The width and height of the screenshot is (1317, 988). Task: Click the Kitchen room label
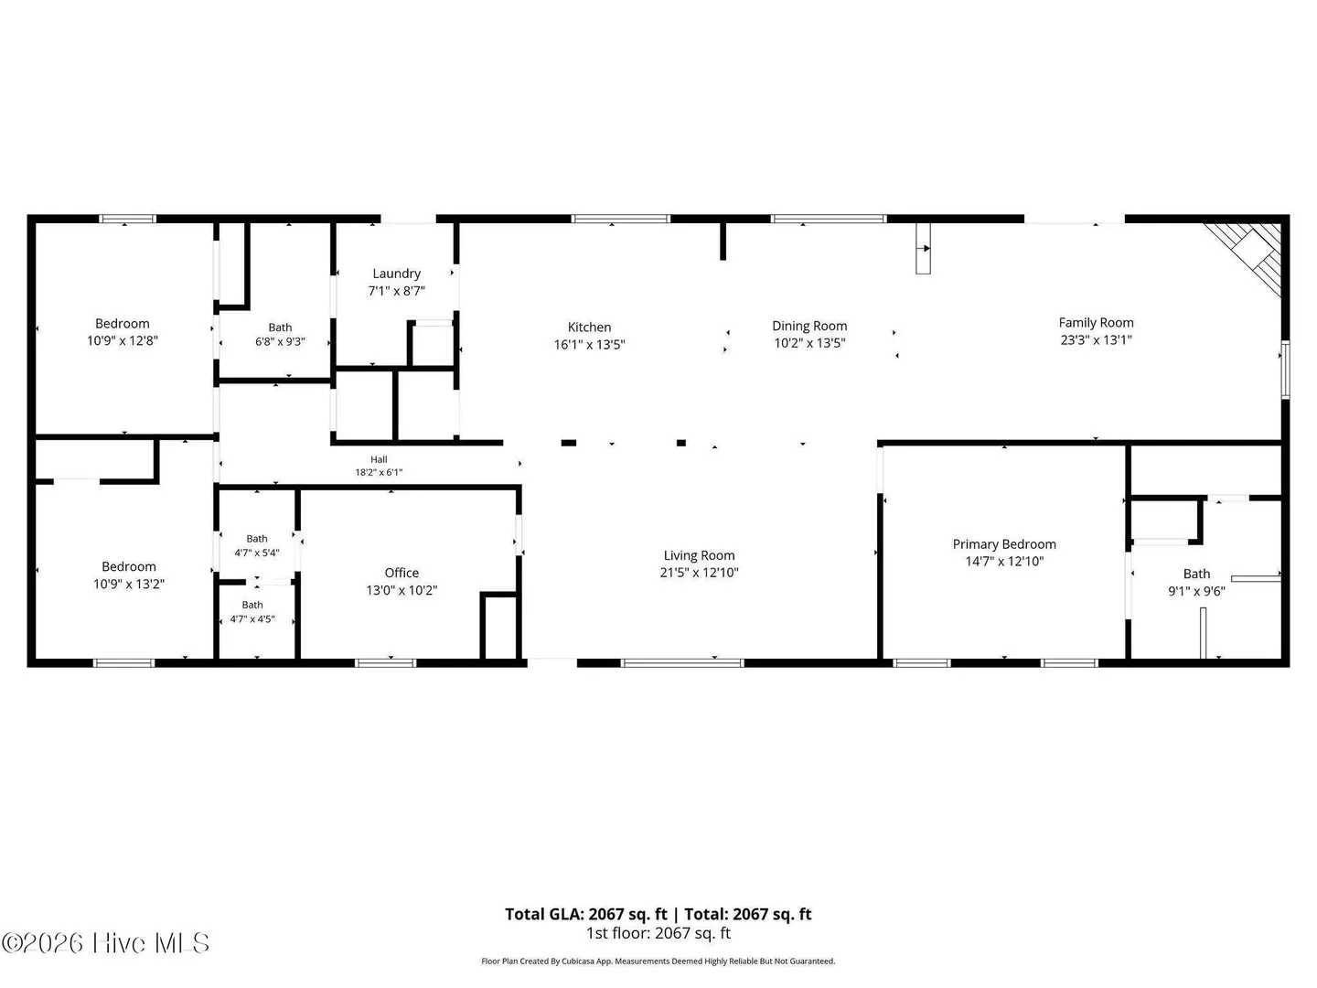(x=589, y=327)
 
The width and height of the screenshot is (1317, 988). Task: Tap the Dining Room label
(x=808, y=326)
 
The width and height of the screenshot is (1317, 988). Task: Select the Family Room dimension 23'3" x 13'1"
(x=1096, y=339)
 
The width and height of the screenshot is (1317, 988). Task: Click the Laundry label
(x=396, y=274)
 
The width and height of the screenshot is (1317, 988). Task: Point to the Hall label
(x=379, y=459)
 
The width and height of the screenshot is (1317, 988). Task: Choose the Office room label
(x=402, y=573)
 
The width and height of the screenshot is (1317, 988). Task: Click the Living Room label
(x=699, y=555)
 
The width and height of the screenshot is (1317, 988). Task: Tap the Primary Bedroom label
(x=1004, y=544)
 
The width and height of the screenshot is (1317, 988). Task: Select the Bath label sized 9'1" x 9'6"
(x=1196, y=575)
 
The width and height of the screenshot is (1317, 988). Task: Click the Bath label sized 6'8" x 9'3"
(x=280, y=328)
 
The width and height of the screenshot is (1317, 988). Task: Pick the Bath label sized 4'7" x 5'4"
(x=257, y=539)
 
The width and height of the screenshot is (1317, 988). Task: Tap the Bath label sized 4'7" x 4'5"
(x=252, y=605)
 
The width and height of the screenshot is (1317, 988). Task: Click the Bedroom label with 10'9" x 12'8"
(x=123, y=324)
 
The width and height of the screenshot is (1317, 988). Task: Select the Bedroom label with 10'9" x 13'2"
(x=128, y=567)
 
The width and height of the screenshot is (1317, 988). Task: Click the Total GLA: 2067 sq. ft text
(x=585, y=914)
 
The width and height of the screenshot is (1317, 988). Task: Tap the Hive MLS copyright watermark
(x=105, y=943)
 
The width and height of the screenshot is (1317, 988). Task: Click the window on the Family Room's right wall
(x=1285, y=369)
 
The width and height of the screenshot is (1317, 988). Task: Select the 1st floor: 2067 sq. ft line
(x=658, y=933)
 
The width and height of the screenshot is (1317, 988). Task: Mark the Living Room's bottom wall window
(x=681, y=663)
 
